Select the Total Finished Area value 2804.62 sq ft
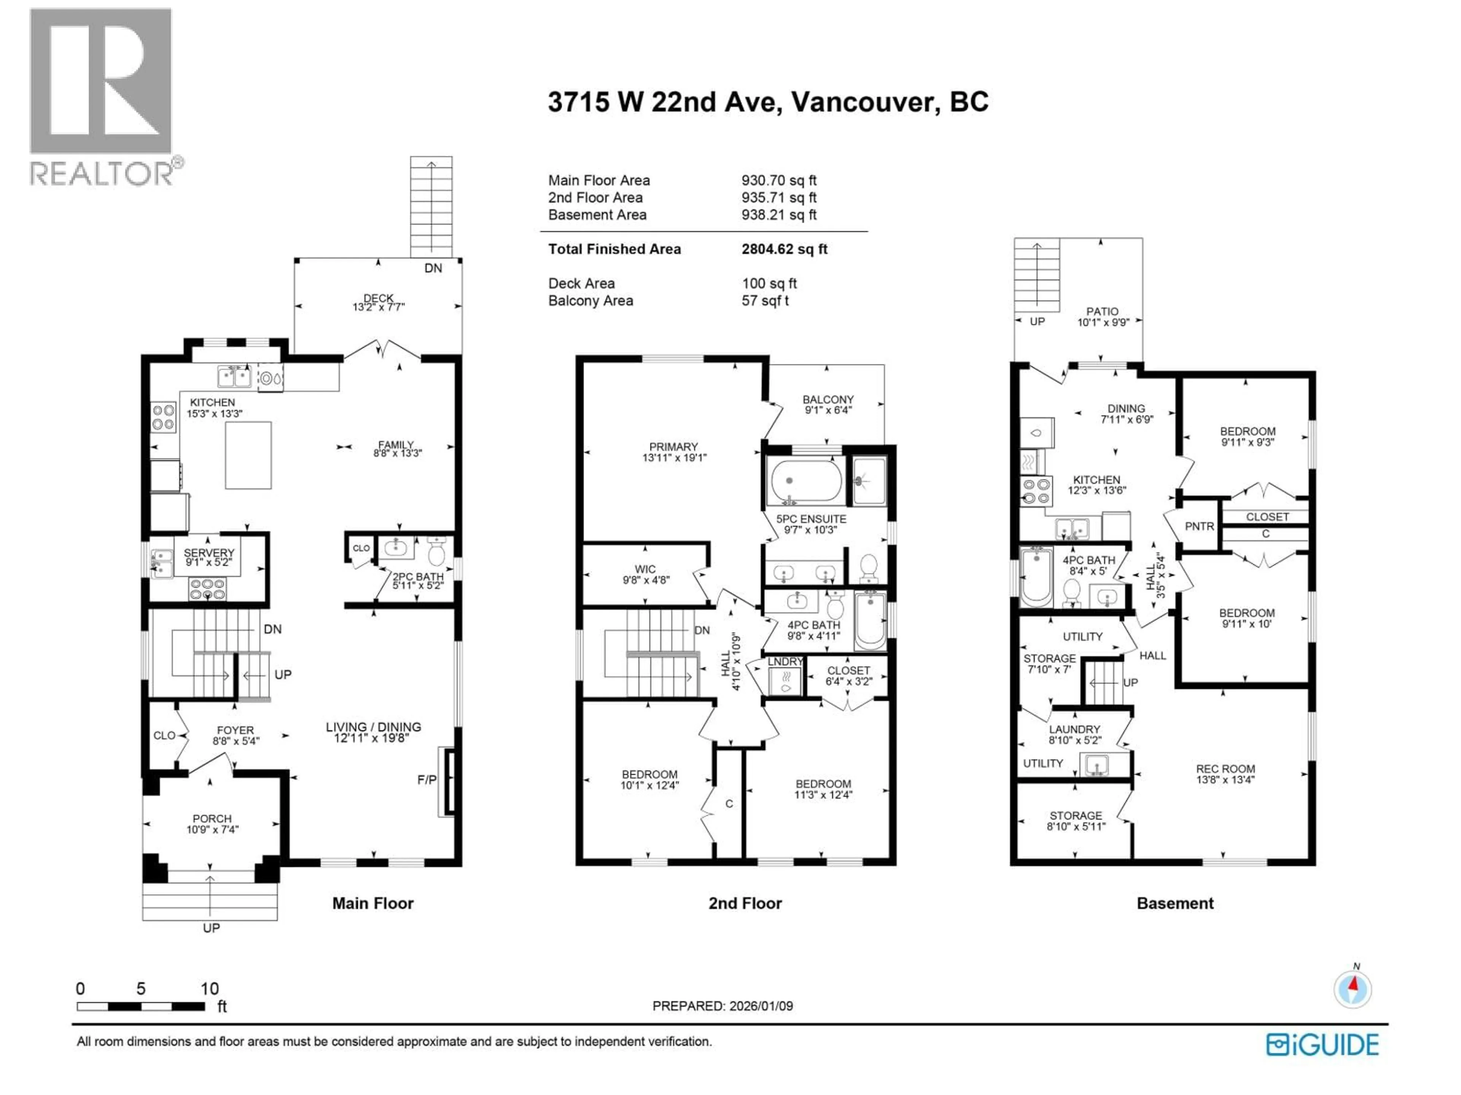pos(784,249)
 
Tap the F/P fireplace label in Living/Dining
pos(427,779)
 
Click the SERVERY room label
pos(209,552)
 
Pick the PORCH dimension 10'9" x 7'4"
pos(212,830)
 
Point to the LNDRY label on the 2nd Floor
pos(785,661)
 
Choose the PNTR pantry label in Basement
pos(1199,526)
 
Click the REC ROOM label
pos(1225,769)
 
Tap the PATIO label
pos(1102,311)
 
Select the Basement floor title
pos(1175,904)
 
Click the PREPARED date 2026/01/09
pos(723,1006)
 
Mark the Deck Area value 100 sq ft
pos(769,283)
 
